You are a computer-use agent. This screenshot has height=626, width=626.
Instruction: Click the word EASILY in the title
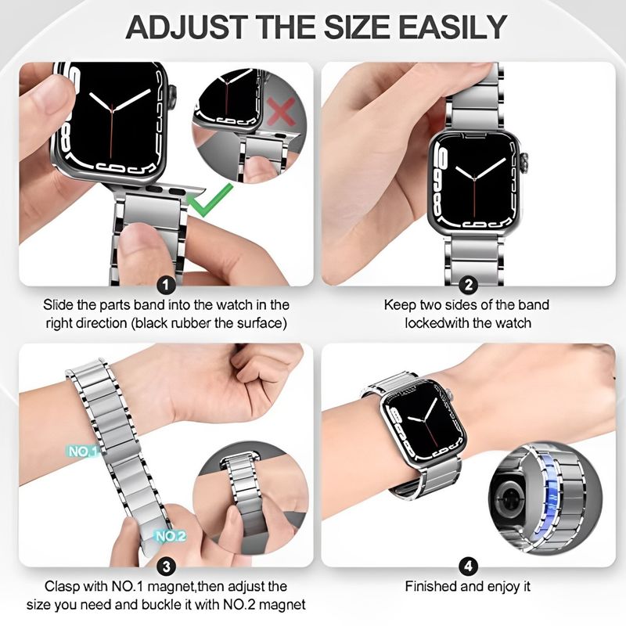[x=453, y=27]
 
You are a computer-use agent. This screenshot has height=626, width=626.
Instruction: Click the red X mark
[x=282, y=111]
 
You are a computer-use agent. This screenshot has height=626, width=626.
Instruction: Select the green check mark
[x=210, y=200]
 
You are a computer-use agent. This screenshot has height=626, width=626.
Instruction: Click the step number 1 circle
[x=166, y=285]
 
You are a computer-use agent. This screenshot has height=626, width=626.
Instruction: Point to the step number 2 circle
[x=468, y=285]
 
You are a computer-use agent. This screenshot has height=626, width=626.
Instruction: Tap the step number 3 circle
[x=166, y=567]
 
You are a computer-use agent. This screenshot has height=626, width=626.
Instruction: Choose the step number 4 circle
[x=468, y=567]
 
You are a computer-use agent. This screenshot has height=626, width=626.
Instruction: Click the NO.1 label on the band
[x=83, y=452]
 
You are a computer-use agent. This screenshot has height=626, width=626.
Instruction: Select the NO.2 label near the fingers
[x=170, y=536]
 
